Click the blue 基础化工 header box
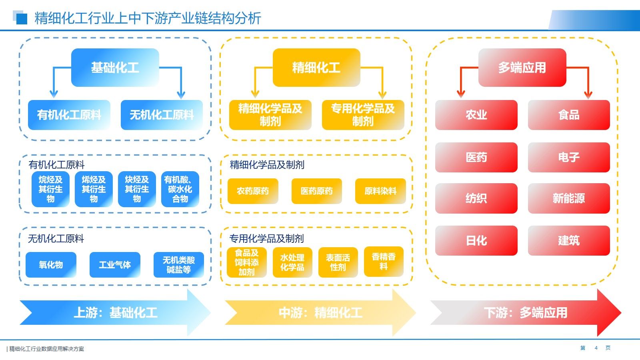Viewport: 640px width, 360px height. (x=115, y=68)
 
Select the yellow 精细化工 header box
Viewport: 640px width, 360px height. (x=316, y=68)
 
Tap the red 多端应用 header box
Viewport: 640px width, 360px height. (x=522, y=68)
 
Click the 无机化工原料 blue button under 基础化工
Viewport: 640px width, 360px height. (x=162, y=115)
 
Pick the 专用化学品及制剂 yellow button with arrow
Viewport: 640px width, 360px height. (x=363, y=115)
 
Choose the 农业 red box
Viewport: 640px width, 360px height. (x=476, y=115)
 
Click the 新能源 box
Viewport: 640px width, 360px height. (x=569, y=198)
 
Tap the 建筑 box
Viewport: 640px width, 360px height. (x=569, y=240)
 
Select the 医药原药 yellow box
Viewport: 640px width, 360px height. (x=316, y=191)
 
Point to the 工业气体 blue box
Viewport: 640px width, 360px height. (x=115, y=265)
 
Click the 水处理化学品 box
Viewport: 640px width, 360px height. (x=292, y=262)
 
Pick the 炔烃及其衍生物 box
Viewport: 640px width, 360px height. (x=137, y=189)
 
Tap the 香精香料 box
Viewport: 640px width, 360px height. (x=384, y=262)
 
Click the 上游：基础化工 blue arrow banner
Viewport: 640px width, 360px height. (x=115, y=312)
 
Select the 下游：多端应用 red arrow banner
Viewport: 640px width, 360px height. (x=526, y=312)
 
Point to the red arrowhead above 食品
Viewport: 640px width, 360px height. (x=588, y=95)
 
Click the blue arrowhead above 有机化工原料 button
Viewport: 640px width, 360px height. (x=54, y=94)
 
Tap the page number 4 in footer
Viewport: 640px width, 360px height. (x=596, y=348)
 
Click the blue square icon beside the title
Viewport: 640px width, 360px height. (x=21, y=18)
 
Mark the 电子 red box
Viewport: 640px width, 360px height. (x=569, y=157)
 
